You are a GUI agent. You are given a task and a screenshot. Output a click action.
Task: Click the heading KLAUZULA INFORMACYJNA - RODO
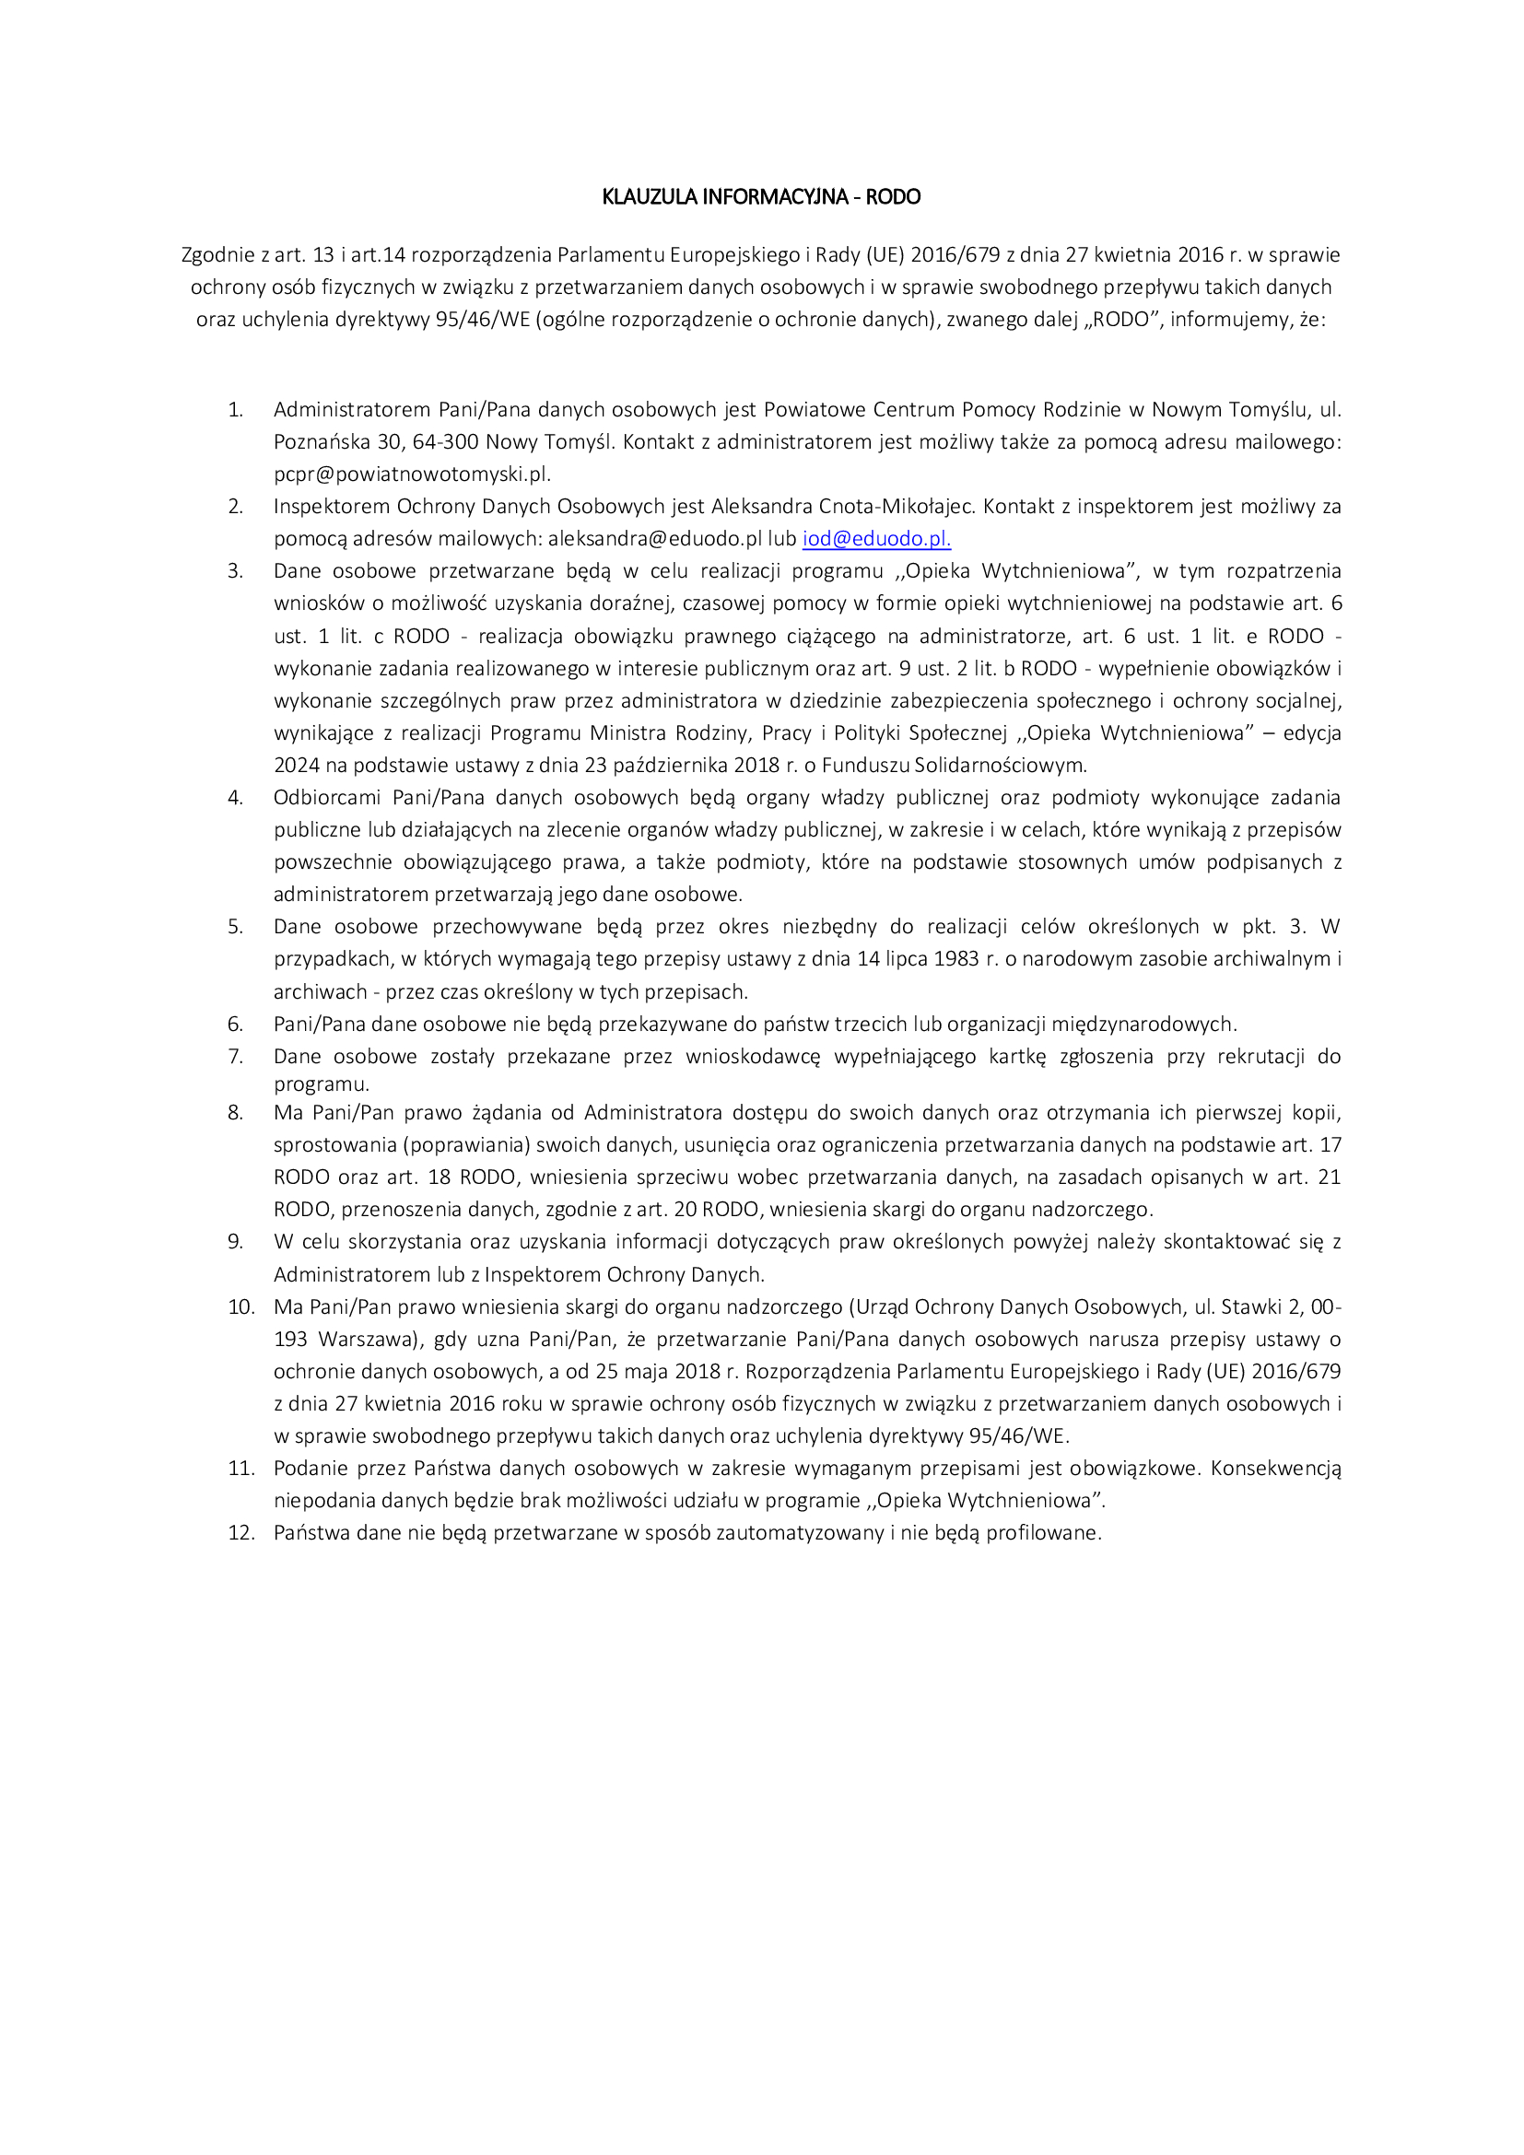click(x=761, y=197)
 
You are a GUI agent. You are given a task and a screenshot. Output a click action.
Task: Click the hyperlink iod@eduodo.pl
click(x=875, y=539)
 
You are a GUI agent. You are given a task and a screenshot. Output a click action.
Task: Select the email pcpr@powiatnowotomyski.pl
click(x=412, y=474)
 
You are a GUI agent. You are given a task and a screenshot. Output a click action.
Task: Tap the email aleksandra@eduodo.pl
click(x=655, y=539)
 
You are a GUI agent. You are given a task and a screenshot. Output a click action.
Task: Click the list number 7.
click(x=236, y=1057)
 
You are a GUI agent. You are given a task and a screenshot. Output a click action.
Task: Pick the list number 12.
click(x=241, y=1533)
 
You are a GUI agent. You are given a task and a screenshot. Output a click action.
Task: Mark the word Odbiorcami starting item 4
click(x=326, y=798)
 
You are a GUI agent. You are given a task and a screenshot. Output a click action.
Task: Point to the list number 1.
click(x=236, y=410)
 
